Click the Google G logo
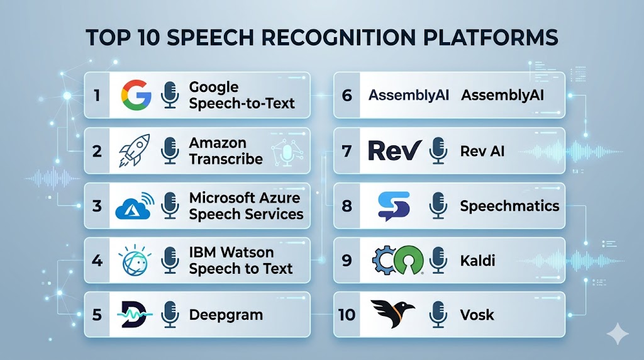tap(136, 95)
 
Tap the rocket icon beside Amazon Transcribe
tap(134, 150)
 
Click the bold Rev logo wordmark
tap(395, 150)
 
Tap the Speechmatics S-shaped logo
tap(394, 206)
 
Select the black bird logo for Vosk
tap(392, 313)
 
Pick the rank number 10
tap(347, 315)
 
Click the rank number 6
tap(347, 95)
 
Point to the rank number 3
tap(97, 205)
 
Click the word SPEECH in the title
tap(210, 38)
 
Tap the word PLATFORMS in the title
tap(491, 38)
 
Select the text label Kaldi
tap(477, 261)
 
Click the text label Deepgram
tap(226, 315)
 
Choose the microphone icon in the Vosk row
tap(438, 315)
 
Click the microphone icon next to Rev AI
tap(438, 151)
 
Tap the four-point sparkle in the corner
tap(618, 334)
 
